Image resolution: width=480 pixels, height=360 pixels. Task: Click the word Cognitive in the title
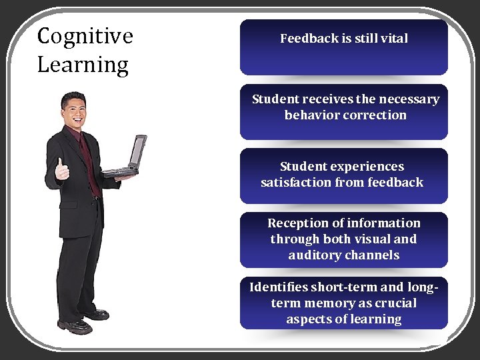(85, 36)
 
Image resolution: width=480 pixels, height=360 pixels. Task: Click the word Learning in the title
(83, 65)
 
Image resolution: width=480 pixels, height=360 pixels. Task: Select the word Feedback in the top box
(309, 39)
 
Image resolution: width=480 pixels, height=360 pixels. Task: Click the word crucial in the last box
(393, 303)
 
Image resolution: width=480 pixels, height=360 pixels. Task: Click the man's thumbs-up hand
(62, 171)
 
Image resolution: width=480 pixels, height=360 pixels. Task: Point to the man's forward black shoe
(75, 326)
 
